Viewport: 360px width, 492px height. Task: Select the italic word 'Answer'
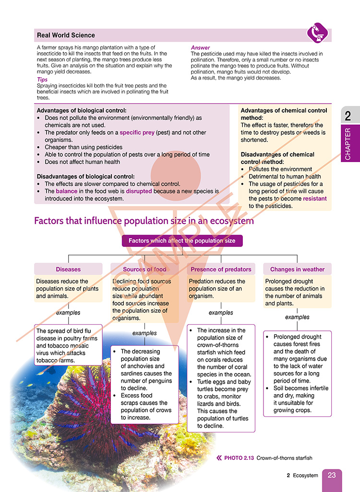(x=200, y=48)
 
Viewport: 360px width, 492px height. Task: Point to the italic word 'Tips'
(x=42, y=80)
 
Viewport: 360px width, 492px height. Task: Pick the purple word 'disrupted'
(x=139, y=191)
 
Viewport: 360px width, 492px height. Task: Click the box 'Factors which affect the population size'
(x=182, y=241)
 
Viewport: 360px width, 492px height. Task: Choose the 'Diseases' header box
(x=68, y=269)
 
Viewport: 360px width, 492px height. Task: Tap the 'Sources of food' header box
(x=144, y=269)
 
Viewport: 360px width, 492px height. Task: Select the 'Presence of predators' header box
(x=221, y=269)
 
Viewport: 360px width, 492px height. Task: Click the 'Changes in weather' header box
(x=297, y=269)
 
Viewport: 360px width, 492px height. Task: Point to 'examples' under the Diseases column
(x=68, y=313)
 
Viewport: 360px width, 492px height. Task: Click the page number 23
(x=332, y=476)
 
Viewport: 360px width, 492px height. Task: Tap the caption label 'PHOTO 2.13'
(x=239, y=458)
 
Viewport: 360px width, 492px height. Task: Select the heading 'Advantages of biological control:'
(x=82, y=110)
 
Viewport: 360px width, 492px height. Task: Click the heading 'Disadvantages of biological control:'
(x=86, y=176)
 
